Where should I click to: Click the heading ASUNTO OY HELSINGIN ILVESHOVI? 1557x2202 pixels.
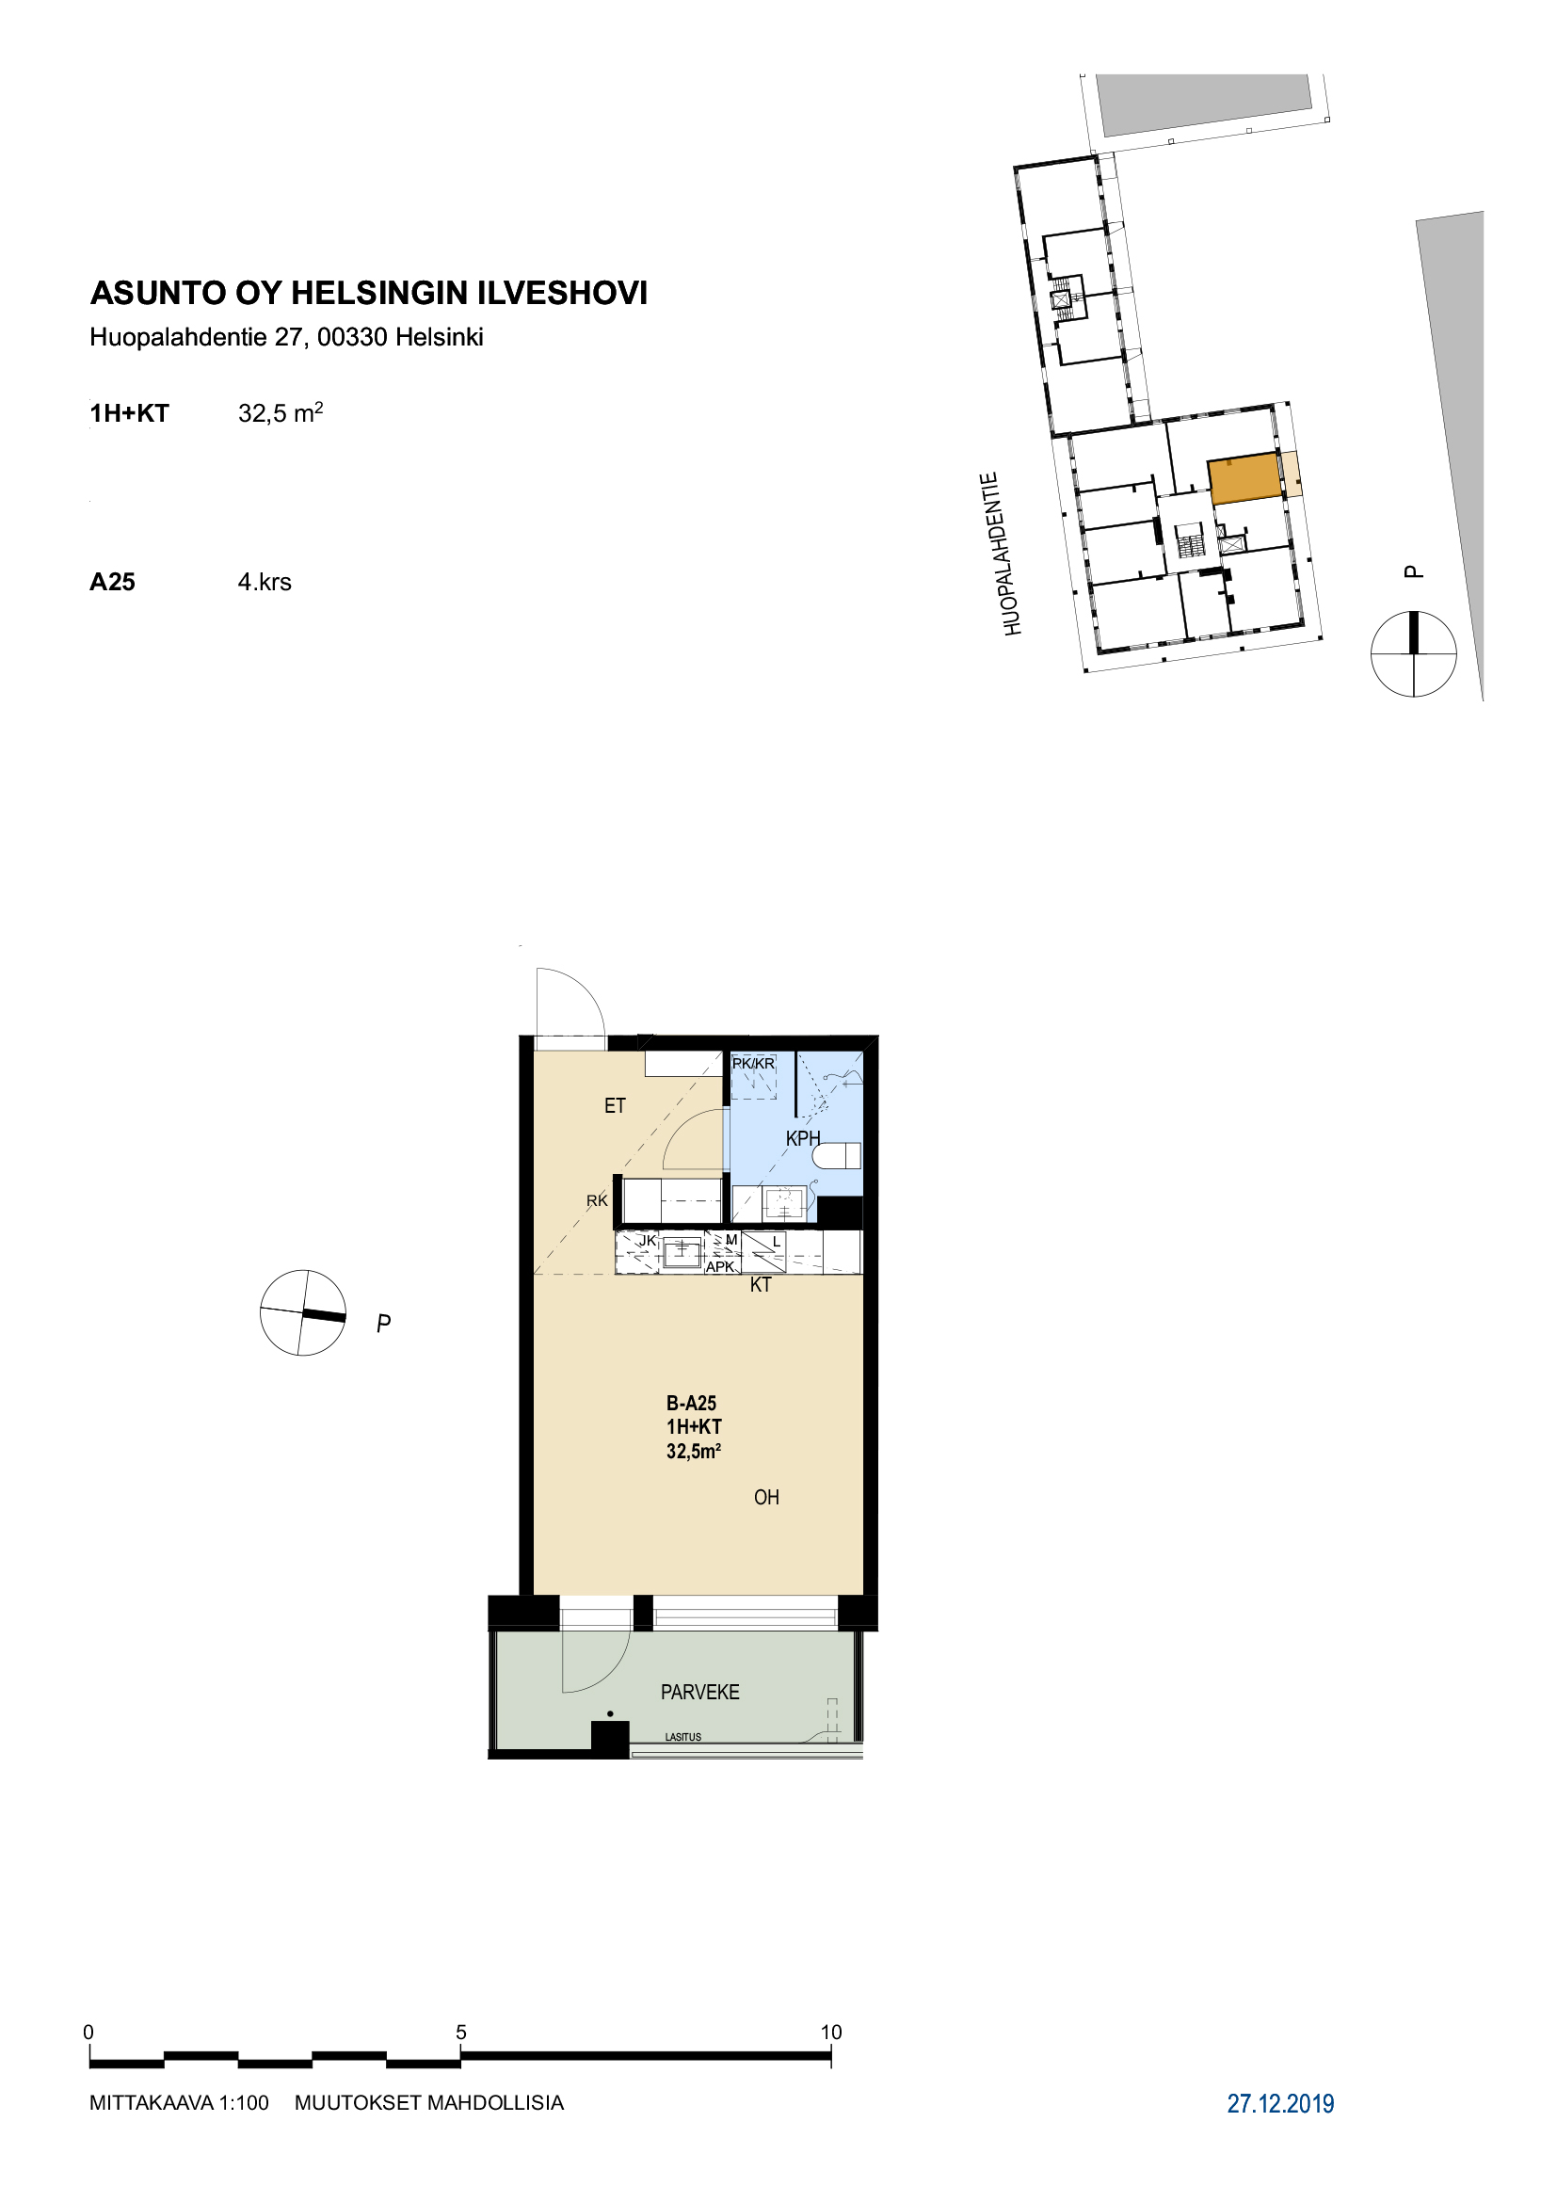point(369,293)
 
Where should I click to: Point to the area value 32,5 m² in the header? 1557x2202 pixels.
point(281,412)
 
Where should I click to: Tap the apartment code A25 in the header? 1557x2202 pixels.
point(112,582)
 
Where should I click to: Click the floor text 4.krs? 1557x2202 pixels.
point(265,582)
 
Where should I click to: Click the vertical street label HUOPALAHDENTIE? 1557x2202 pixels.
point(1002,554)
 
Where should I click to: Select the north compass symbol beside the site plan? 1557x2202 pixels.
point(1413,654)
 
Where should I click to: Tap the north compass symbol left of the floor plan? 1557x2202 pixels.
point(303,1313)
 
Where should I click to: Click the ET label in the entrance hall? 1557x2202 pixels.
point(615,1106)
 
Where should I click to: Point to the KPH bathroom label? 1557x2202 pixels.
point(803,1138)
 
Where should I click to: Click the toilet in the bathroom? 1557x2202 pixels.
point(837,1156)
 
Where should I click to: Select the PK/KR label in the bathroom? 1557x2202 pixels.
point(754,1064)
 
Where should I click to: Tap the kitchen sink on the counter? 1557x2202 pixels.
point(682,1251)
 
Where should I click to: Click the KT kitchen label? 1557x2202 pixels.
point(761,1285)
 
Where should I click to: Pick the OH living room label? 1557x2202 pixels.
point(766,1497)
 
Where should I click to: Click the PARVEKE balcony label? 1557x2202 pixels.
point(699,1693)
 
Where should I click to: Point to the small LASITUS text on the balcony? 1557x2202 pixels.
point(683,1737)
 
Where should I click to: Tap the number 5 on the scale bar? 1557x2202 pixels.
point(461,2033)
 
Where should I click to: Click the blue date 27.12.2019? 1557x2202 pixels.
point(1281,2104)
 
